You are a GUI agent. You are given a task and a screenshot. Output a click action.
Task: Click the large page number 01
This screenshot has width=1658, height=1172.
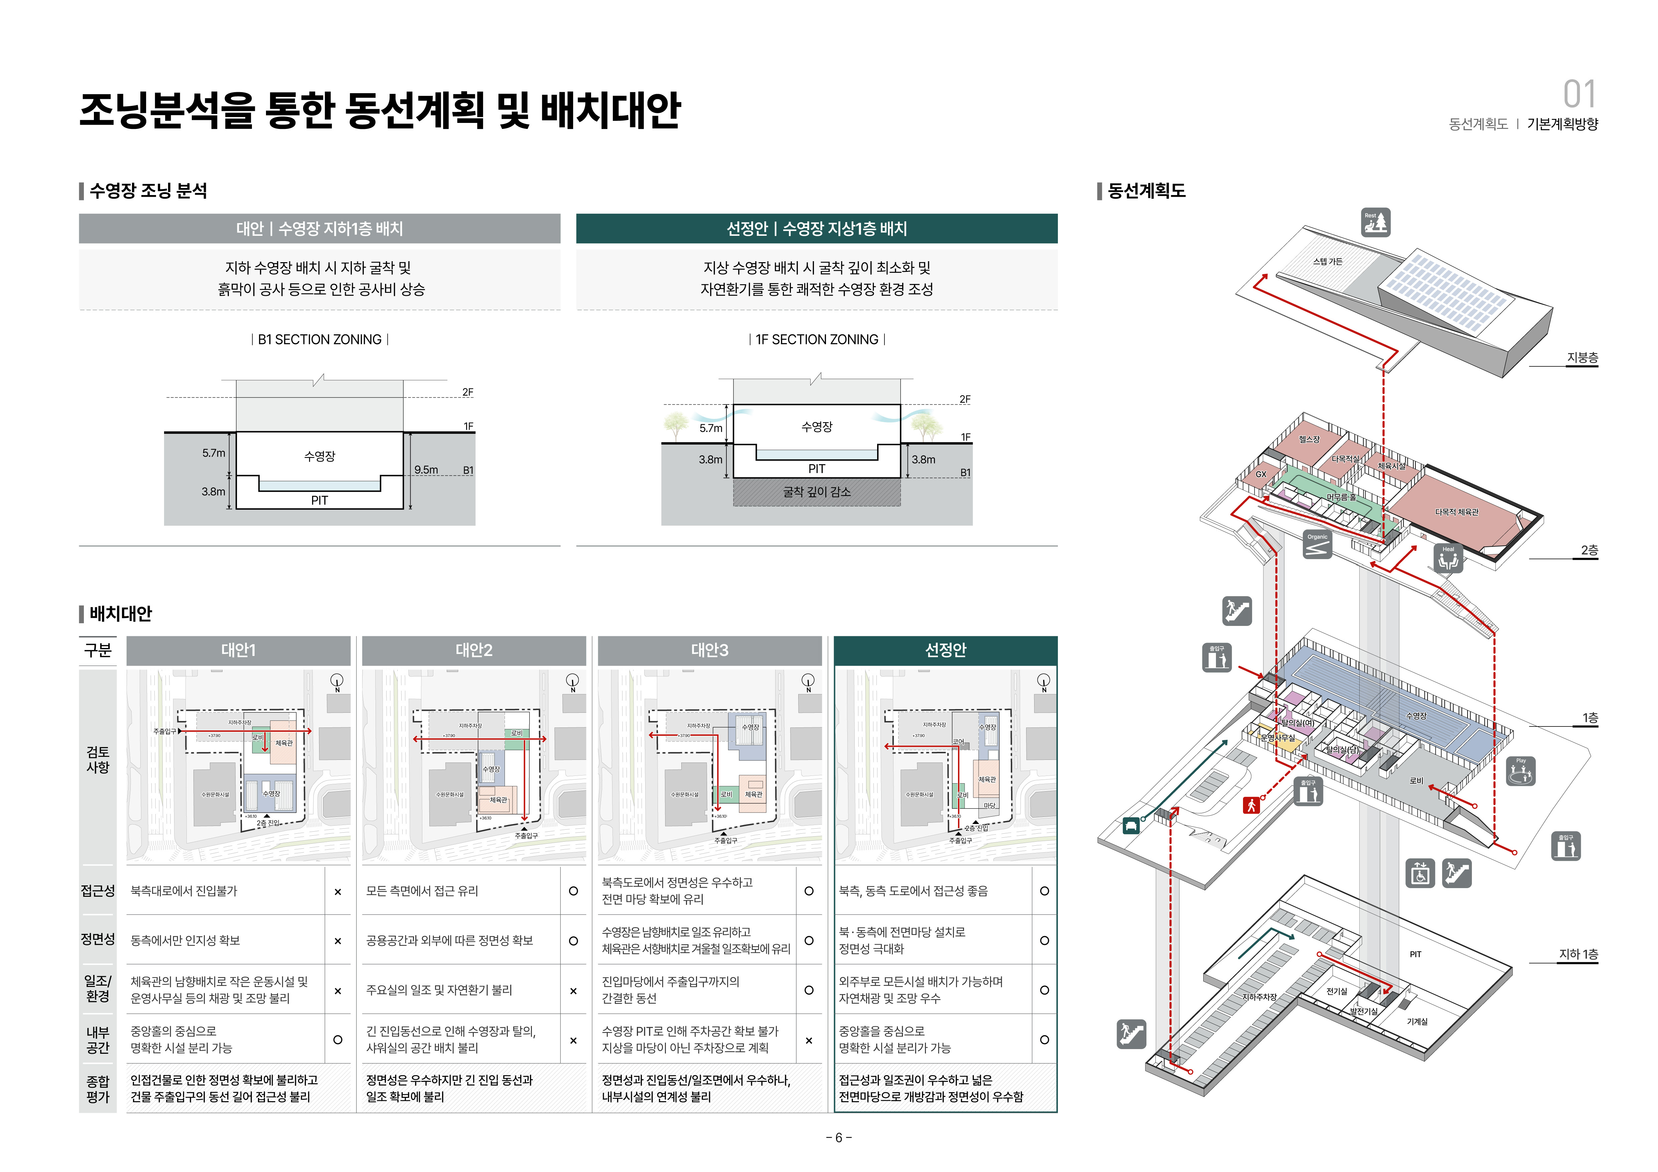click(x=1579, y=95)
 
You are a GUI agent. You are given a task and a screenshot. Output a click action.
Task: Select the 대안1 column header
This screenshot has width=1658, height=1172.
click(x=238, y=650)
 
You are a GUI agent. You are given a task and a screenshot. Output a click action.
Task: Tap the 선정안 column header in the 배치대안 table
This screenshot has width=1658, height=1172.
click(x=945, y=650)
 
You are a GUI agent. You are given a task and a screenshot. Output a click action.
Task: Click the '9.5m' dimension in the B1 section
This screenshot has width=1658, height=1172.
click(x=426, y=470)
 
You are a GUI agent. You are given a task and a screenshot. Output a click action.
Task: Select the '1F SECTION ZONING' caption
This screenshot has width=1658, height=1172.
click(x=817, y=339)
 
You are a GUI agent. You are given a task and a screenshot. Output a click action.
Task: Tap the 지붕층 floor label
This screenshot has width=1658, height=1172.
click(x=1581, y=358)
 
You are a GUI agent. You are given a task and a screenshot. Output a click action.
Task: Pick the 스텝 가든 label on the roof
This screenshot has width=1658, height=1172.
click(x=1327, y=261)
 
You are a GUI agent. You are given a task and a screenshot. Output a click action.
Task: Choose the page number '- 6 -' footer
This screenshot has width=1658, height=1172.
click(x=838, y=1137)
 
